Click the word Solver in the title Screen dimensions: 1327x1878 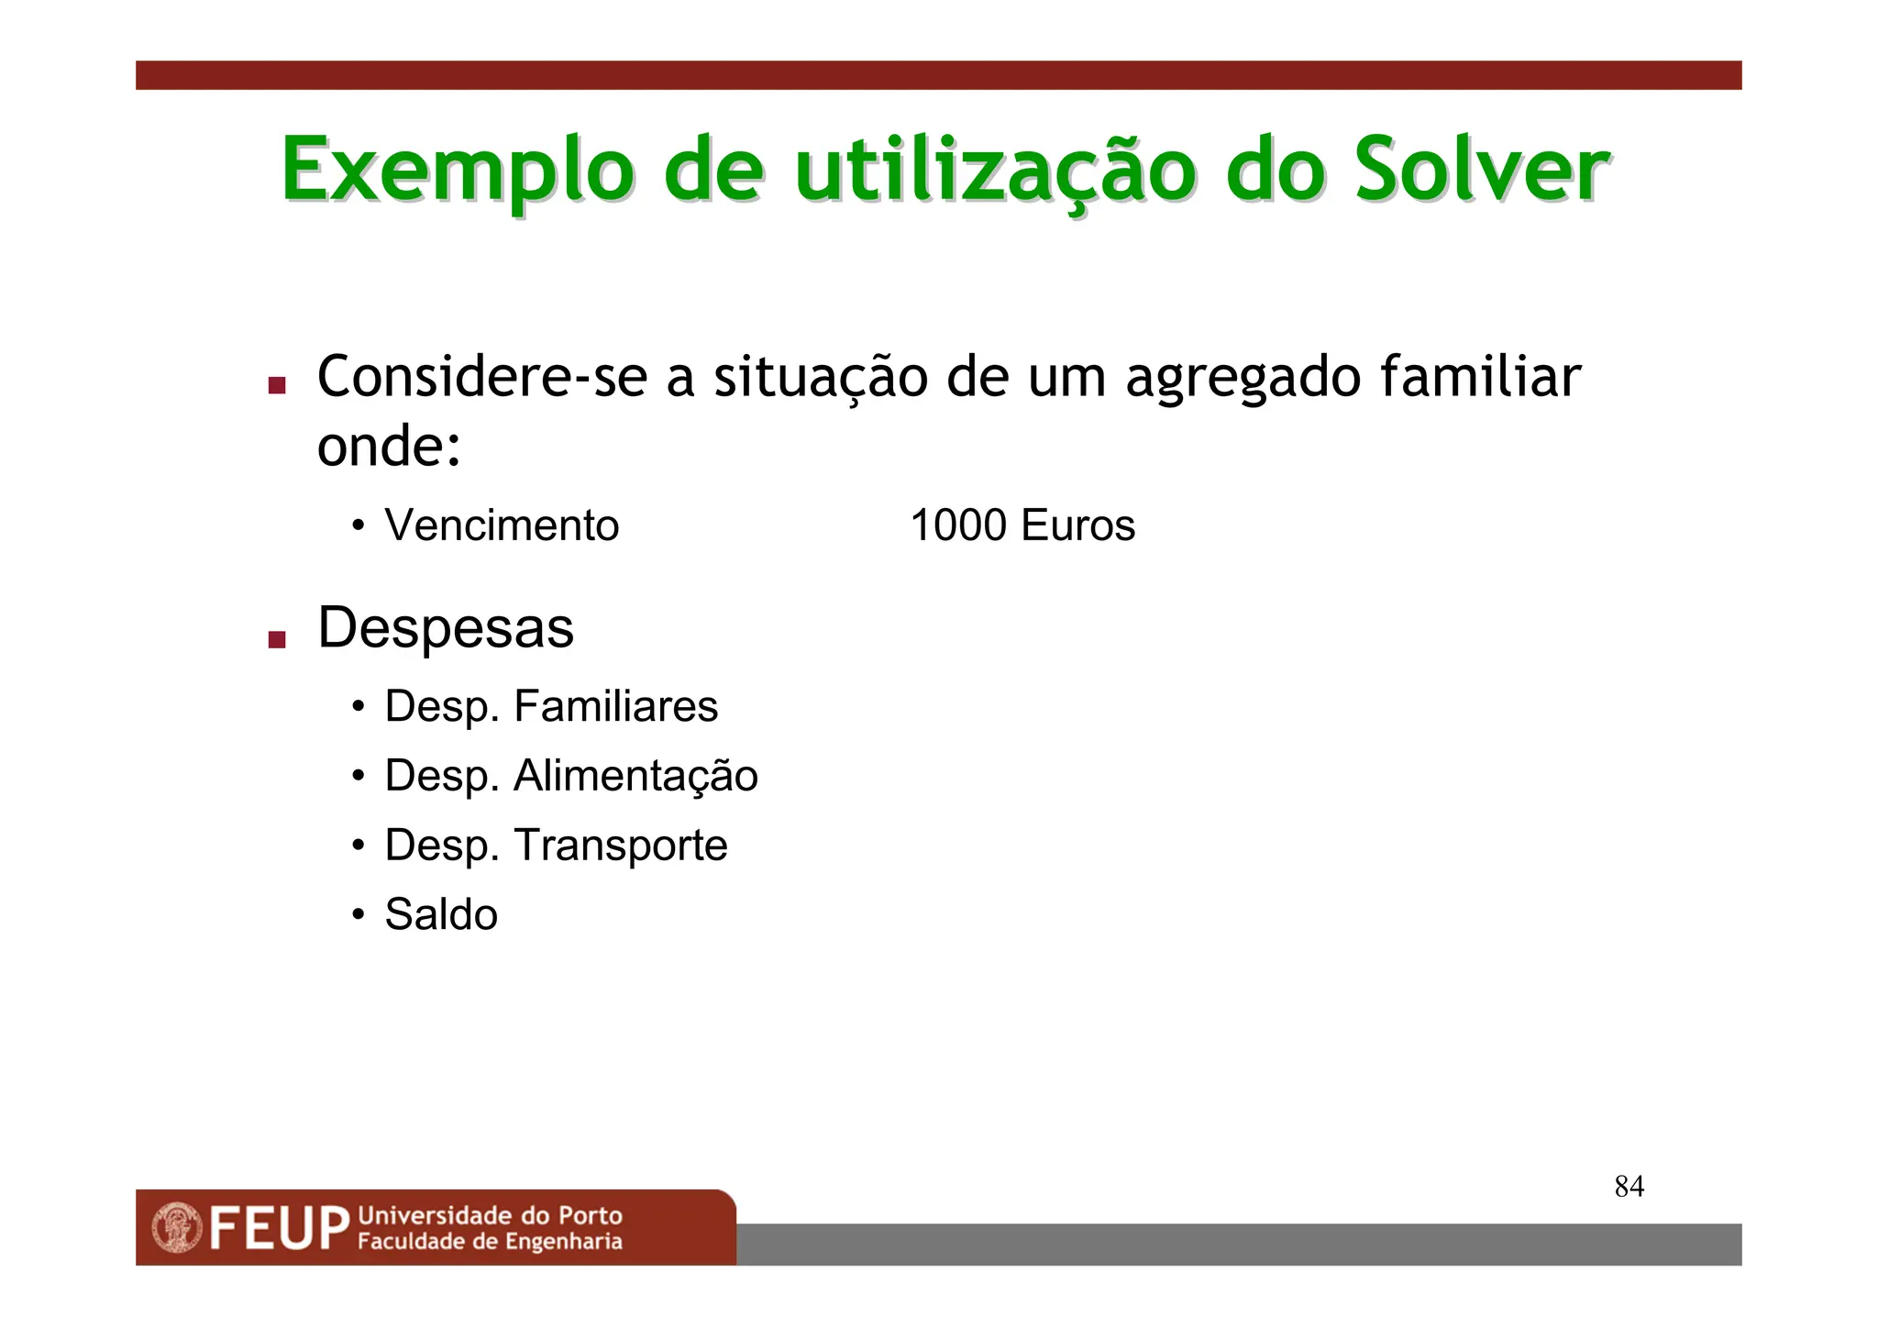1481,171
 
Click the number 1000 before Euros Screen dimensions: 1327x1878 958,525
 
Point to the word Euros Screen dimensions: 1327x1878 1077,525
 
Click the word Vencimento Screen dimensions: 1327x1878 502,525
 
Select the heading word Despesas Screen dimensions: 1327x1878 446,628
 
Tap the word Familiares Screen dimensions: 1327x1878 615,706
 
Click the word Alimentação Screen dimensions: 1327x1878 635,776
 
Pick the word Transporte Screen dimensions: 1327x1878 621,846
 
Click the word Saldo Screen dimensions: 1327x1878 441,914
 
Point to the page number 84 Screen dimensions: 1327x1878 1629,1187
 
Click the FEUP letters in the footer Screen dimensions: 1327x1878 280,1228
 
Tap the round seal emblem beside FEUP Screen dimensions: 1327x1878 177,1228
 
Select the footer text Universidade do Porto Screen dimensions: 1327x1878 490,1216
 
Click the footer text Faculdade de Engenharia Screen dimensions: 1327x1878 490,1242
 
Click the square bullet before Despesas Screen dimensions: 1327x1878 277,639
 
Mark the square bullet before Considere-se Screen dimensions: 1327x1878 277,385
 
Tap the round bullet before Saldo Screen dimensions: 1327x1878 359,914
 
